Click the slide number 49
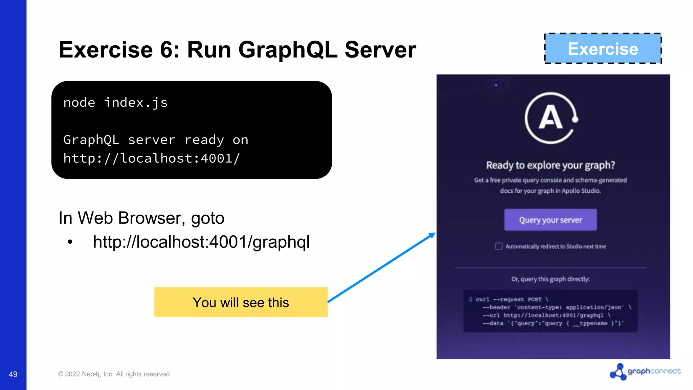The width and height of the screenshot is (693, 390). click(x=13, y=374)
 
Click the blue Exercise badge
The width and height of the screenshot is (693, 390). click(x=603, y=49)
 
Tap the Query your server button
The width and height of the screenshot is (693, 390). click(x=550, y=220)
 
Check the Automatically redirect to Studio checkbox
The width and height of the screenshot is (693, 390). click(x=498, y=246)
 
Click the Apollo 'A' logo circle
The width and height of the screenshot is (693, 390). click(x=551, y=118)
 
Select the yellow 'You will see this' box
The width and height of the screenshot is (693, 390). click(x=241, y=302)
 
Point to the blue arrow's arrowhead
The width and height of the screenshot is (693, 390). click(x=432, y=235)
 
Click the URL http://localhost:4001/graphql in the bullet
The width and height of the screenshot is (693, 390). click(x=201, y=242)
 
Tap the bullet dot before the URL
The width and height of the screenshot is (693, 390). click(x=70, y=242)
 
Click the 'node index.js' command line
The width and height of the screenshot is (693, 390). click(x=115, y=103)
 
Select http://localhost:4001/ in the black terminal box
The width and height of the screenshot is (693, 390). click(x=152, y=158)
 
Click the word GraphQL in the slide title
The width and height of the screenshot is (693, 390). click(x=288, y=50)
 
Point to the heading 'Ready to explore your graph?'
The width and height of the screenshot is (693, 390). click(x=550, y=165)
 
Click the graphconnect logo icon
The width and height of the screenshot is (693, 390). click(x=618, y=372)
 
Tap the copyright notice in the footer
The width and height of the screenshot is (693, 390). click(x=115, y=374)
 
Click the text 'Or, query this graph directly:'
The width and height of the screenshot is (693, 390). click(x=550, y=279)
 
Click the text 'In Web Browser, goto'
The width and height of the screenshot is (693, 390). click(x=141, y=218)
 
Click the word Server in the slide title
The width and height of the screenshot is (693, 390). click(x=380, y=50)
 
